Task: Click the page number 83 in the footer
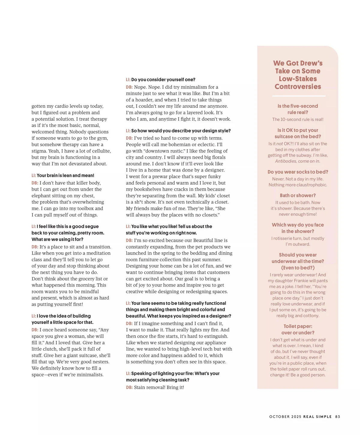point(337,417)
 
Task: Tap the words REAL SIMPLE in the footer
point(317,417)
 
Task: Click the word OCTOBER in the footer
point(279,417)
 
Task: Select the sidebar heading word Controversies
point(298,87)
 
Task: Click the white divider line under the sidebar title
point(298,96)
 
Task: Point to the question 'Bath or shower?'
point(298,195)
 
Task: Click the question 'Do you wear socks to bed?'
point(298,172)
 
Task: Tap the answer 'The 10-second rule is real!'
point(298,119)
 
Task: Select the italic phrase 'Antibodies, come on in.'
point(298,161)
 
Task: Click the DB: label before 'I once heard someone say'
point(35,330)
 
